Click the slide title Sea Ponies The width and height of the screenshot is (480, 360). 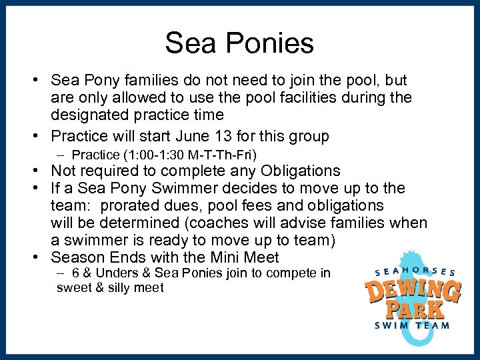(239, 43)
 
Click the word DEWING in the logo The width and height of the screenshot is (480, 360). (413, 291)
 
